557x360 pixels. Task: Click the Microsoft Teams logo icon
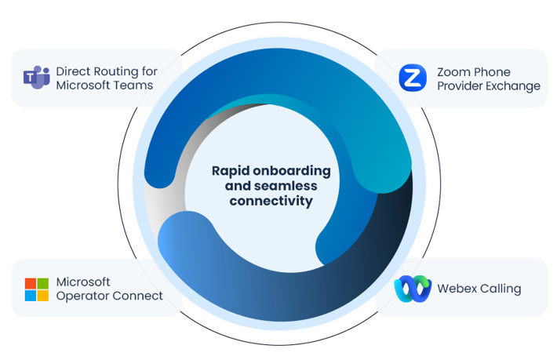(x=36, y=78)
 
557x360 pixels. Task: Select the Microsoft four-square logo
(x=36, y=289)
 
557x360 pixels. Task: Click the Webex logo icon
(x=413, y=289)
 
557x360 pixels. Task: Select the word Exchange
(x=512, y=85)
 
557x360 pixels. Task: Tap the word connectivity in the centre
(x=271, y=201)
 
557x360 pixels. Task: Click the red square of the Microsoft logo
(x=31, y=283)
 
